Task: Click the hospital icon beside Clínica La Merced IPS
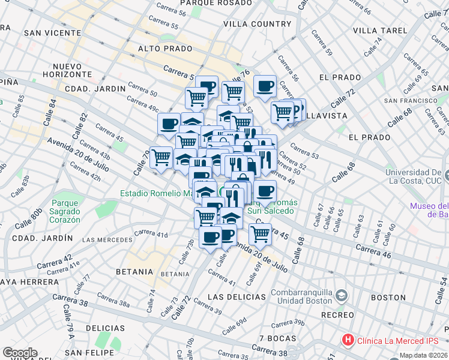(x=348, y=340)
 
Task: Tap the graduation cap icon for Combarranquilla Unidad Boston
(x=342, y=296)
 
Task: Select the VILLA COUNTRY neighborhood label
(x=257, y=24)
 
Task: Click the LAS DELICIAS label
(x=237, y=297)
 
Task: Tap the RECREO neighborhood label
(x=337, y=315)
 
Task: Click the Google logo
(x=20, y=353)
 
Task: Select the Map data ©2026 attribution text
(x=423, y=355)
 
